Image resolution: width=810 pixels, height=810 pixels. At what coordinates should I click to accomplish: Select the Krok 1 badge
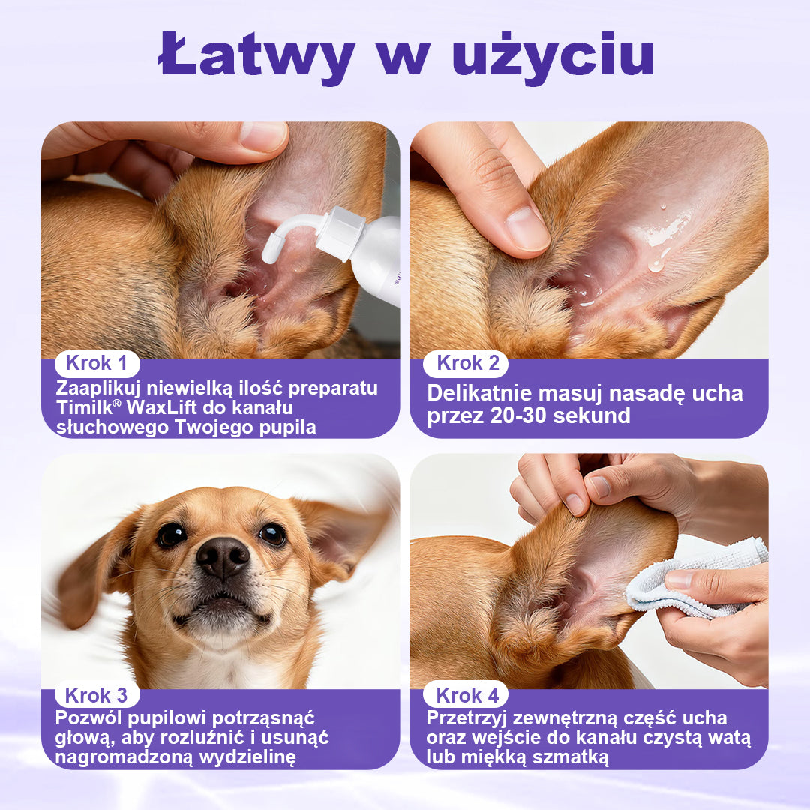[97, 364]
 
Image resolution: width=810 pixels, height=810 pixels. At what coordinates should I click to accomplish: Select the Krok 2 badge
[465, 364]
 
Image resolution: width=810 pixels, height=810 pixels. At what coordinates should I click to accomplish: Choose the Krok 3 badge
[97, 695]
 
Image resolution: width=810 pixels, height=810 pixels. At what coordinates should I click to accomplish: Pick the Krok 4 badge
[465, 695]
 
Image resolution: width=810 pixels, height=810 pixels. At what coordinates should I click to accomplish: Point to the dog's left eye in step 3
[171, 535]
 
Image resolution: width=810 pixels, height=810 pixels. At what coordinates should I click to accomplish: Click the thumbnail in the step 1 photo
[264, 136]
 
